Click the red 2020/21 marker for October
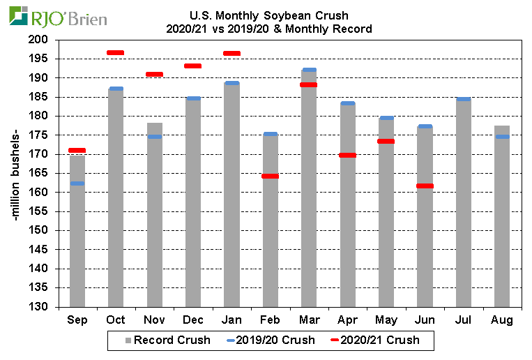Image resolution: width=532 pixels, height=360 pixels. (x=116, y=53)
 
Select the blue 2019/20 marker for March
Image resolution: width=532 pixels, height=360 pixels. (x=309, y=70)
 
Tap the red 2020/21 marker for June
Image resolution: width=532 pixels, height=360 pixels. (x=425, y=186)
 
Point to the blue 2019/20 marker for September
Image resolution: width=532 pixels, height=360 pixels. (x=77, y=183)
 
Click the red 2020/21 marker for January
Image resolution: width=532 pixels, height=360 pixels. (x=231, y=54)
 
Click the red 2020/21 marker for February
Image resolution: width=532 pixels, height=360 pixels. (x=270, y=177)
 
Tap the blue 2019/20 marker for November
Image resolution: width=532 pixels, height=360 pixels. (x=155, y=137)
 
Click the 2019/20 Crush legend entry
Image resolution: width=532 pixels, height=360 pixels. (x=272, y=340)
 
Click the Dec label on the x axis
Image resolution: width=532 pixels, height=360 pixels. (x=193, y=320)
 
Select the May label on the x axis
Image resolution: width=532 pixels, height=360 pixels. (x=386, y=320)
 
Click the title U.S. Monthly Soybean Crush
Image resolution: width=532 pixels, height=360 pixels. (x=269, y=15)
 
